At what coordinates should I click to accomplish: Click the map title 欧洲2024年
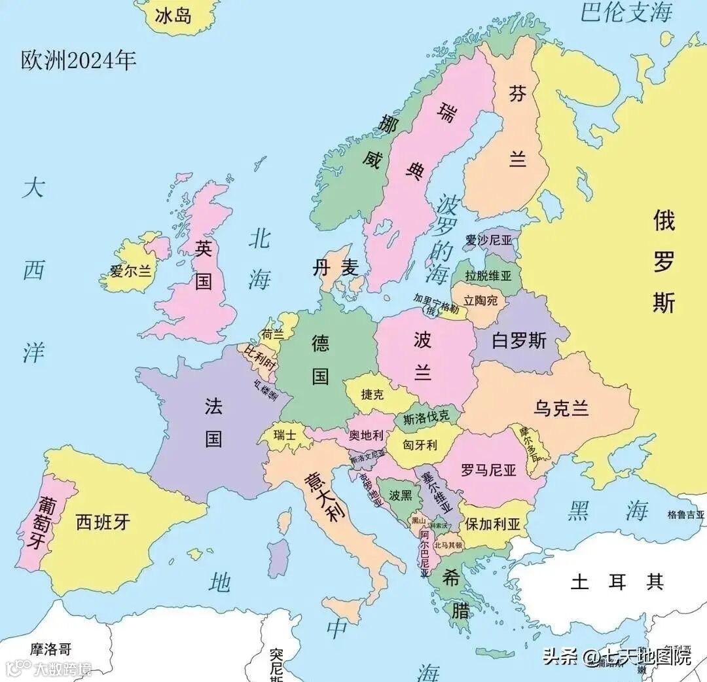point(79,61)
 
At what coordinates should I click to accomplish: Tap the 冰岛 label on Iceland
point(173,15)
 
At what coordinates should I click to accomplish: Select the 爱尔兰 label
point(130,270)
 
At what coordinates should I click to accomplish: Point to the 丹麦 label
point(336,267)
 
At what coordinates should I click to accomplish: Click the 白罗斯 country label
point(519,340)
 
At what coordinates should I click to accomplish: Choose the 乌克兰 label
point(561,408)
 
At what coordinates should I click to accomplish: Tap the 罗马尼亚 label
point(488,470)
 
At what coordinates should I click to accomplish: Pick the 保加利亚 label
point(492,524)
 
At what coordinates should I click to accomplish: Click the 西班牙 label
point(103,522)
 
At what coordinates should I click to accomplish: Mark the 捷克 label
point(372,395)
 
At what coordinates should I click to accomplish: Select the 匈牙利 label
point(420,445)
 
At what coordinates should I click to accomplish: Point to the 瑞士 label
point(285,434)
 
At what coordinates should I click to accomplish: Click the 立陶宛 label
point(480,301)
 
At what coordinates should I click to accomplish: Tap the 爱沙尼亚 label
point(488,240)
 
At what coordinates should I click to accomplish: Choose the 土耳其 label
point(617,581)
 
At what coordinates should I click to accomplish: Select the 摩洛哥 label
point(50,649)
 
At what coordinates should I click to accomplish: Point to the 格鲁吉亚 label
point(686,515)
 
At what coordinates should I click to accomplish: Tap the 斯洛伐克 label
point(426,417)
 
